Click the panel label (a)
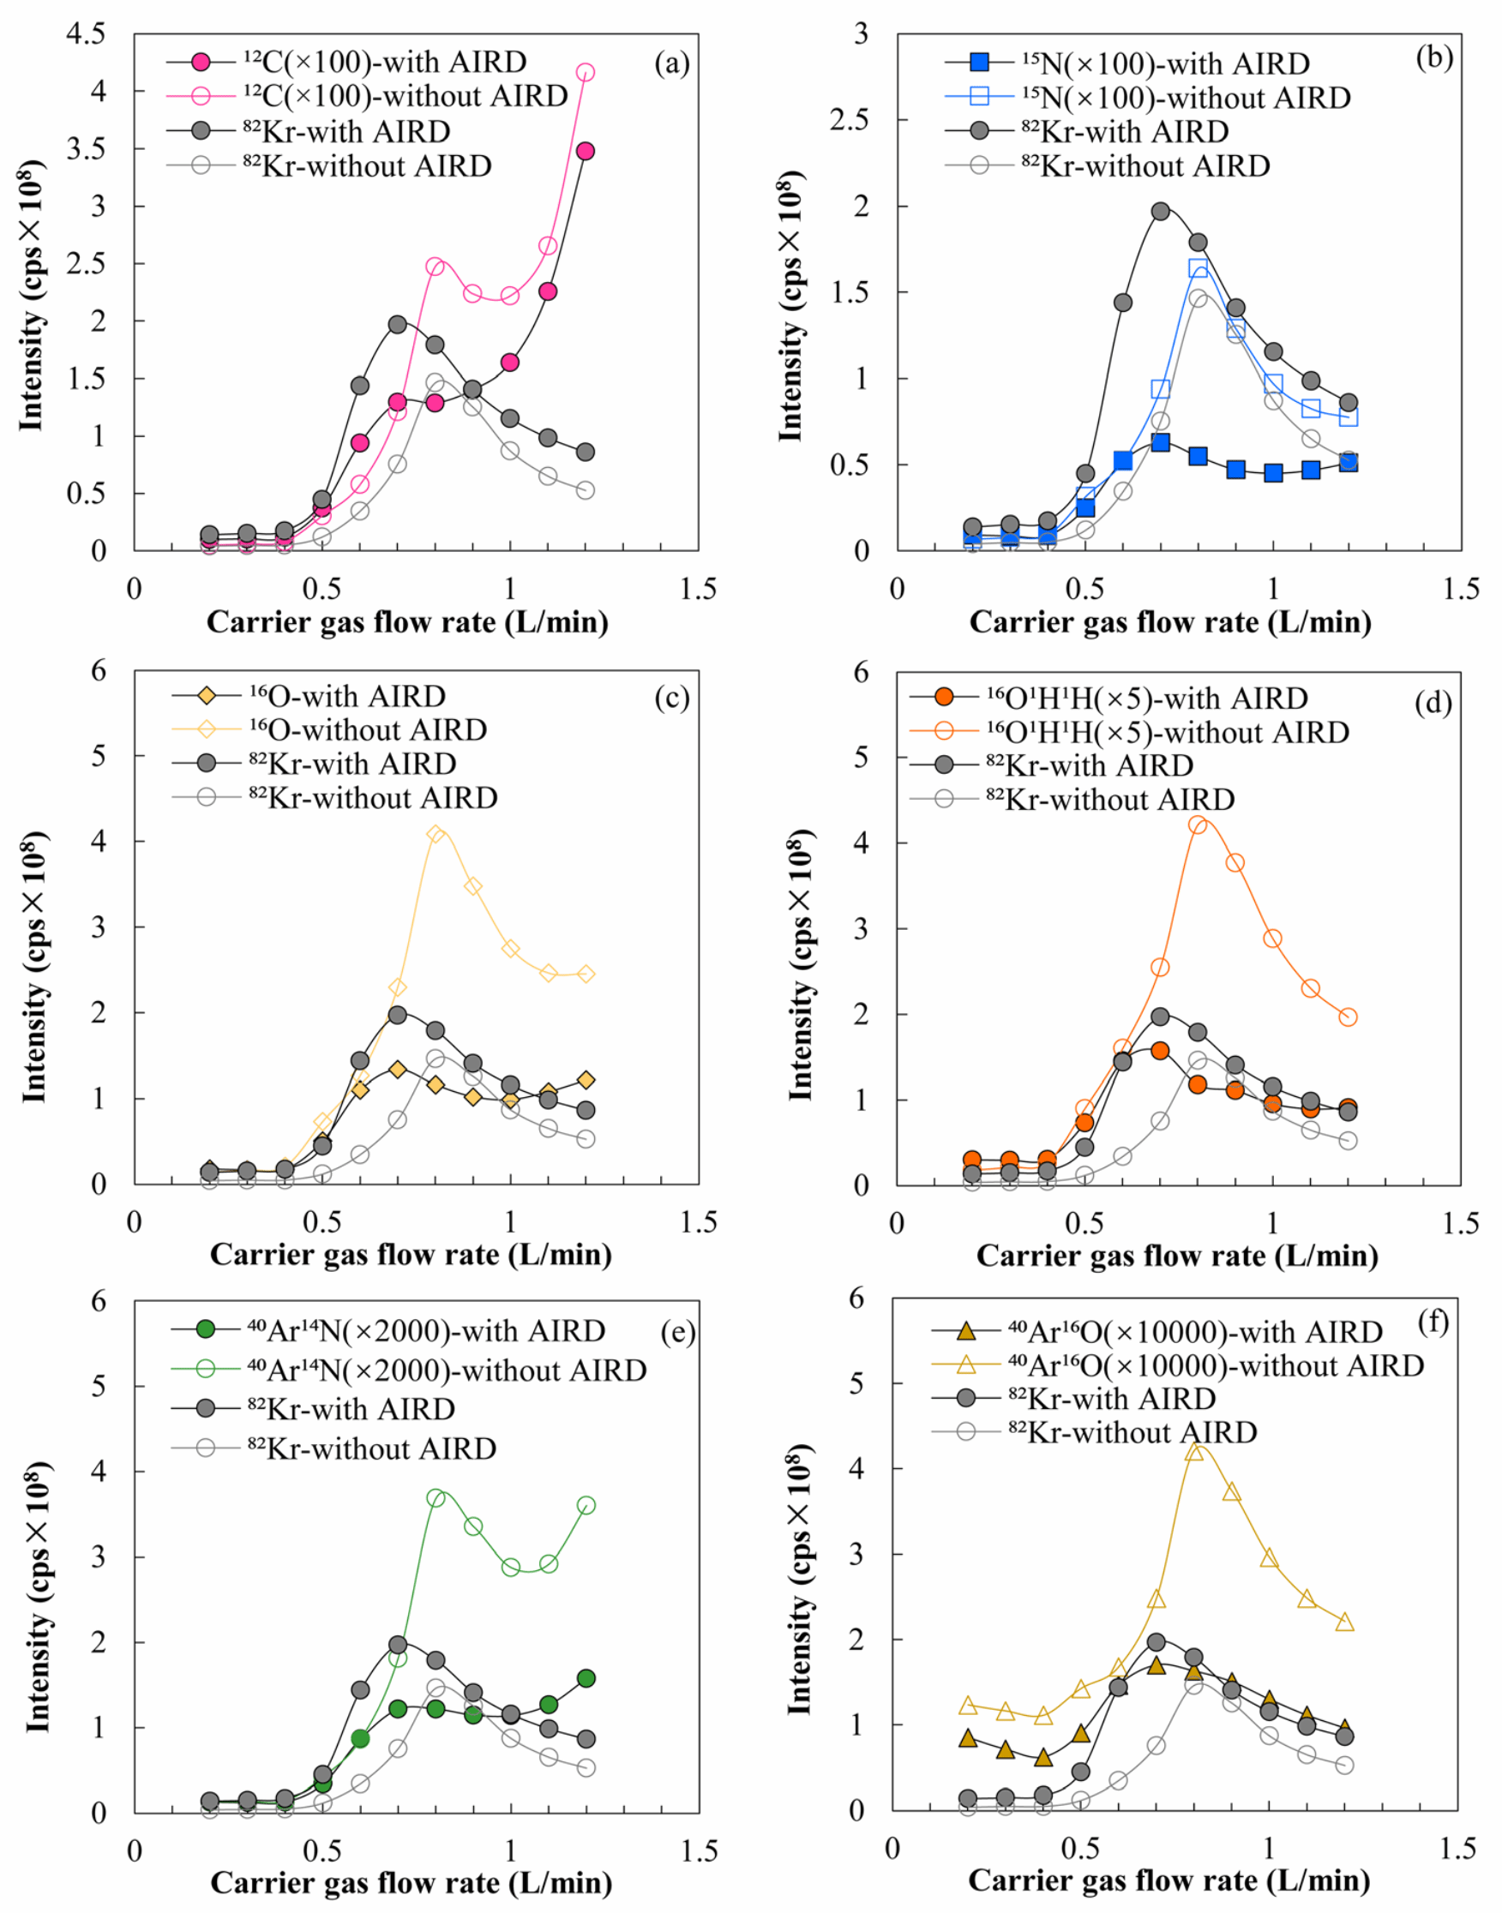[x=672, y=63]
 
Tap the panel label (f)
[x=1433, y=1322]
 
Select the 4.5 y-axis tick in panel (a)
[x=87, y=34]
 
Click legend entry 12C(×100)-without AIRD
[x=406, y=96]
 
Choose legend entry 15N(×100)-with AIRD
[x=1165, y=63]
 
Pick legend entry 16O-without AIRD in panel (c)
[x=368, y=729]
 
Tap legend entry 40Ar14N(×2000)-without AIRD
[x=447, y=1370]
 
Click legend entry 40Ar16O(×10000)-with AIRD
[x=1195, y=1332]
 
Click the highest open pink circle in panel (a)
[x=585, y=72]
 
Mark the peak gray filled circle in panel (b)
[x=1161, y=211]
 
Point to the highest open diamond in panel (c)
[x=436, y=833]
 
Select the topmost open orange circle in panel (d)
[x=1198, y=825]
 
